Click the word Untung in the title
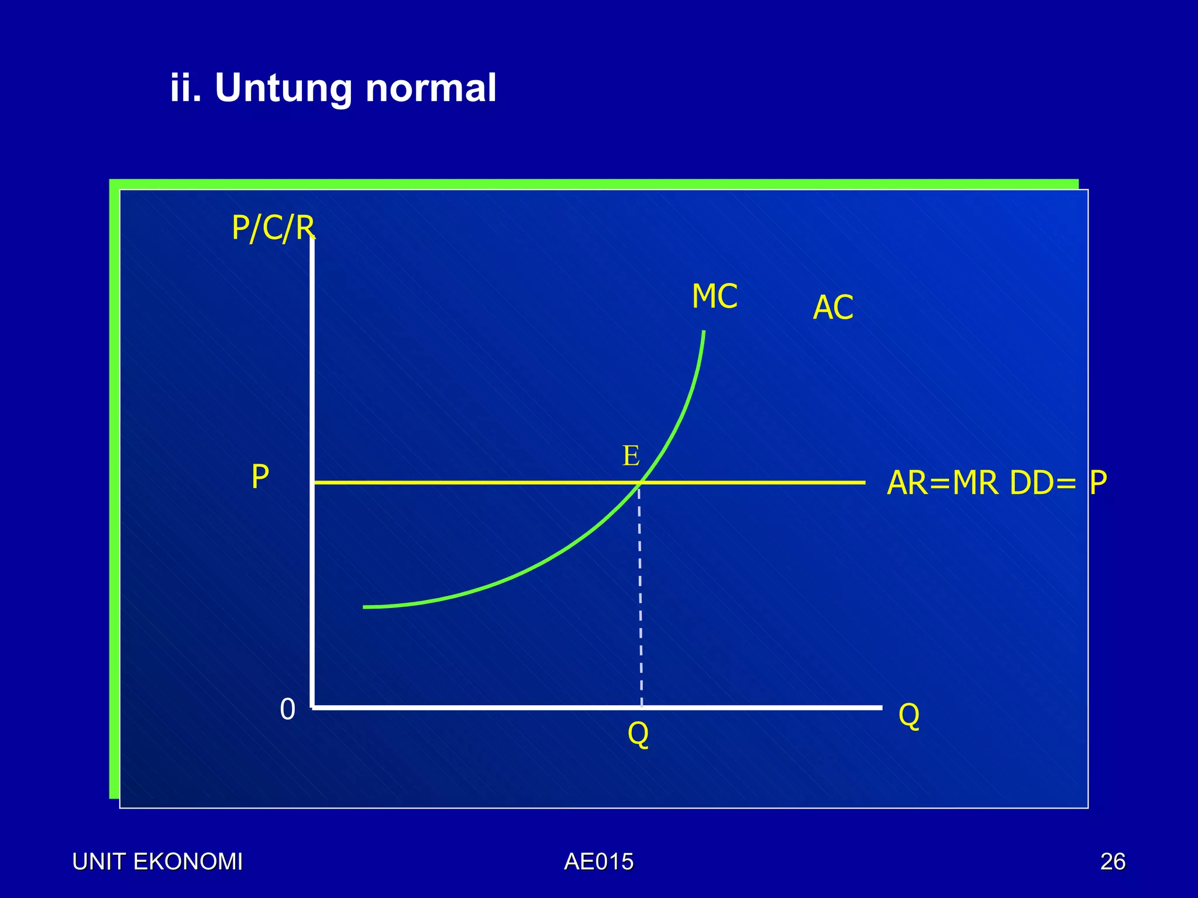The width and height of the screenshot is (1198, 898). pyautogui.click(x=284, y=89)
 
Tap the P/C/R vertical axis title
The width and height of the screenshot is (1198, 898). pyautogui.click(x=273, y=228)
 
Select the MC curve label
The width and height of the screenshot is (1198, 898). pyautogui.click(x=714, y=296)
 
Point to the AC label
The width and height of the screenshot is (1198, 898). pyautogui.click(x=833, y=308)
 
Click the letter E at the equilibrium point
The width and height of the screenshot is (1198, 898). pyautogui.click(x=631, y=456)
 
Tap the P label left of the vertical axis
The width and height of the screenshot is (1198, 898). pyautogui.click(x=260, y=477)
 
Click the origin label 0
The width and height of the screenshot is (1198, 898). pyautogui.click(x=287, y=710)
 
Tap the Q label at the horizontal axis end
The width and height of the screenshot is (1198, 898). pyautogui.click(x=908, y=715)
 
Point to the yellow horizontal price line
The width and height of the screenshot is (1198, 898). pyautogui.click(x=468, y=482)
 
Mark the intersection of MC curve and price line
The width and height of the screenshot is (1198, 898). pyautogui.click(x=642, y=482)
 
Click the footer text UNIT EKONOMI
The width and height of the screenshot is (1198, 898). pyautogui.click(x=157, y=862)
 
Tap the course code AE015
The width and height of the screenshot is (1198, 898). pyautogui.click(x=598, y=862)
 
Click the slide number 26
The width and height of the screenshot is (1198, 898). pyautogui.click(x=1113, y=862)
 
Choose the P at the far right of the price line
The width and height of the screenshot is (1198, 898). pyautogui.click(x=1098, y=483)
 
